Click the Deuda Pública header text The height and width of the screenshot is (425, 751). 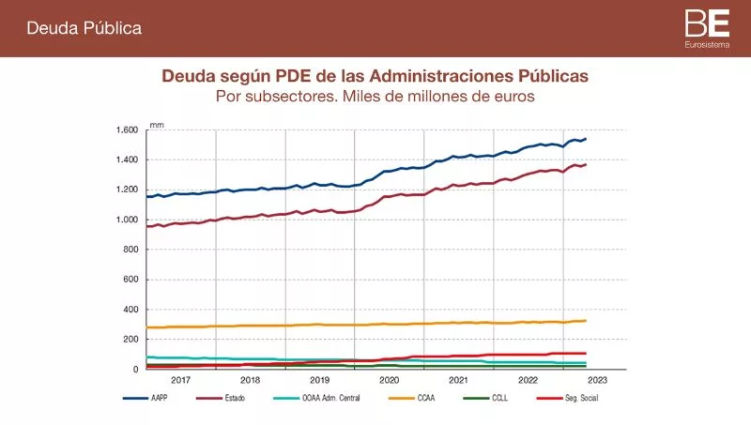coord(84,28)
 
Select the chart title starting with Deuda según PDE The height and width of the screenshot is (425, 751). coord(375,75)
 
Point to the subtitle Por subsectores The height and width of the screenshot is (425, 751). coord(375,96)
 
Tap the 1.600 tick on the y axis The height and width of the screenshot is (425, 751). coord(127,129)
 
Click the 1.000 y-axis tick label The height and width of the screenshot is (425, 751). coord(127,220)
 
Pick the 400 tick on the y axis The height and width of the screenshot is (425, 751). coord(130,310)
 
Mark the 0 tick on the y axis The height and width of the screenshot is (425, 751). coord(136,370)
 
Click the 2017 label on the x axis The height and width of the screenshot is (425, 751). coord(181,381)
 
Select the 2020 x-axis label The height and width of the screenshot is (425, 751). coord(389,381)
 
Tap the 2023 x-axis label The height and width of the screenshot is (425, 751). coord(597,381)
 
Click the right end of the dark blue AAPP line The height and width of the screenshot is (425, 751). coord(586,139)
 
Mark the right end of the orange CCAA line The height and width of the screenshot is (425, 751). coord(586,321)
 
